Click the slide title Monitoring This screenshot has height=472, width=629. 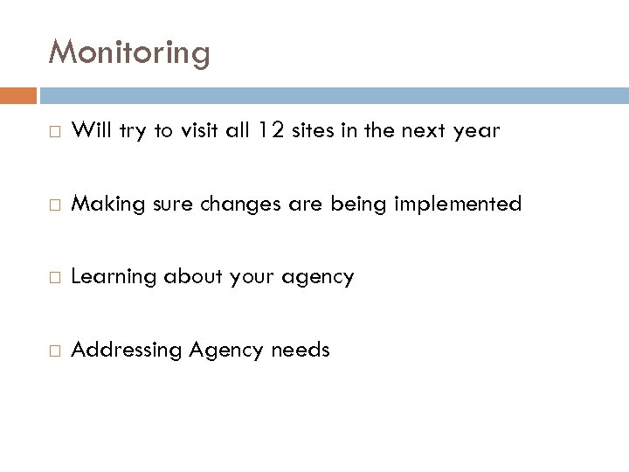(129, 52)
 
